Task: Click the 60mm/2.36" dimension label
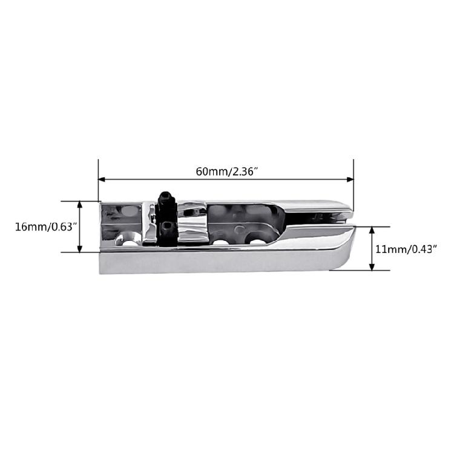coord(227,171)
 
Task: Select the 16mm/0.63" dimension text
coord(46,226)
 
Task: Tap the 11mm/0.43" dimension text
coord(406,249)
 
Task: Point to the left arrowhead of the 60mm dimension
coord(102,180)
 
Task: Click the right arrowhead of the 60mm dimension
coord(350,180)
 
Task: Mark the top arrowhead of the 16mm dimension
coord(80,205)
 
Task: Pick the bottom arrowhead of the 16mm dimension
coord(80,249)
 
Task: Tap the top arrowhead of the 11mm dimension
coord(372,231)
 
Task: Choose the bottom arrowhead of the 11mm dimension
coord(372,267)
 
